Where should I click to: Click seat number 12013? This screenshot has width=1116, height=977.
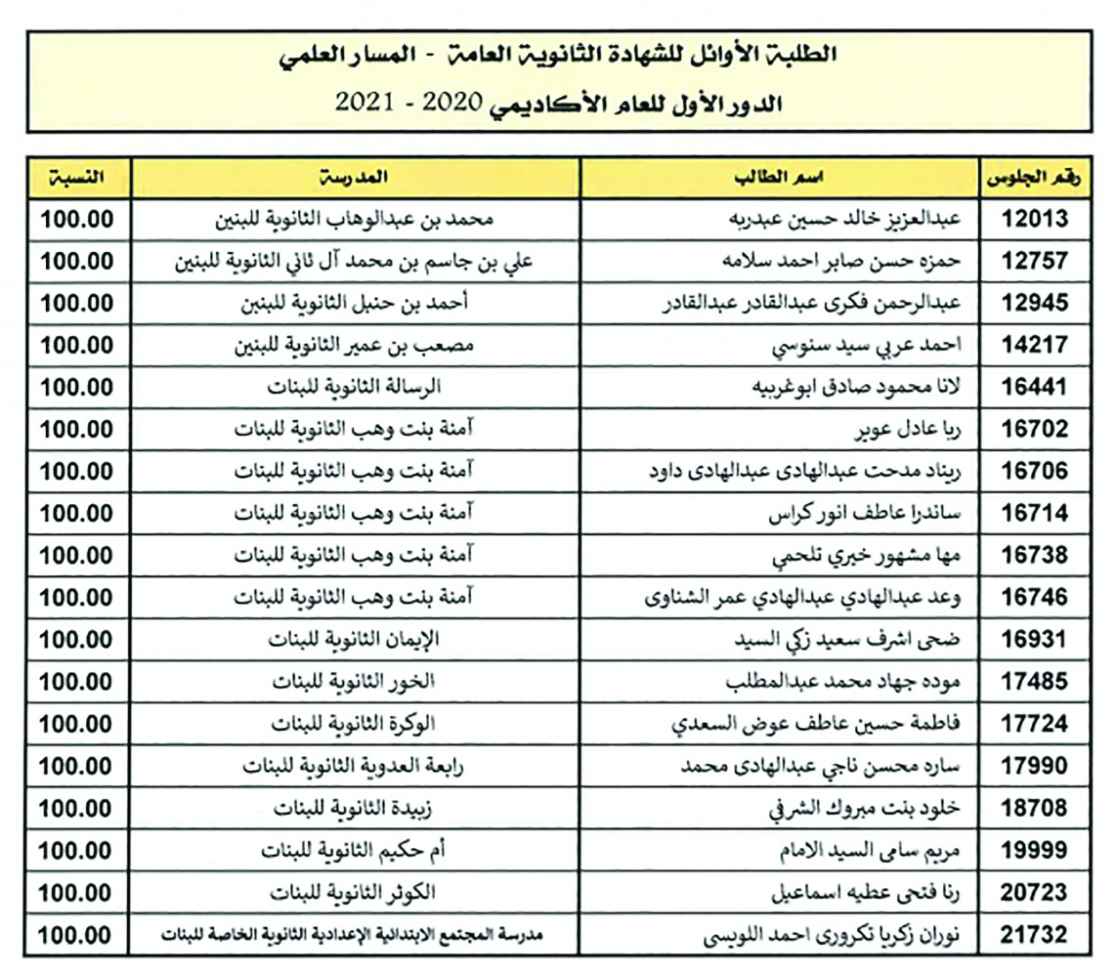pyautogui.click(x=1035, y=220)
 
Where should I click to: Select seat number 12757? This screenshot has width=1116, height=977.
pyautogui.click(x=1035, y=262)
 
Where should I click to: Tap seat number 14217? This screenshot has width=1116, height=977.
pyautogui.click(x=1035, y=345)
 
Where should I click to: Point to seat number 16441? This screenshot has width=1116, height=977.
pyautogui.click(x=1035, y=387)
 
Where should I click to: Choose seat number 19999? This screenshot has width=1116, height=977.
pyautogui.click(x=1035, y=851)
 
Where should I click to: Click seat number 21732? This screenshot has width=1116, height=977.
pyautogui.click(x=1035, y=935)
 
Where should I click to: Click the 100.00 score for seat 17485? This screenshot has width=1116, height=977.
pyautogui.click(x=77, y=682)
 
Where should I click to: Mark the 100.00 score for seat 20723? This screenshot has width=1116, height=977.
pyautogui.click(x=77, y=893)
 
